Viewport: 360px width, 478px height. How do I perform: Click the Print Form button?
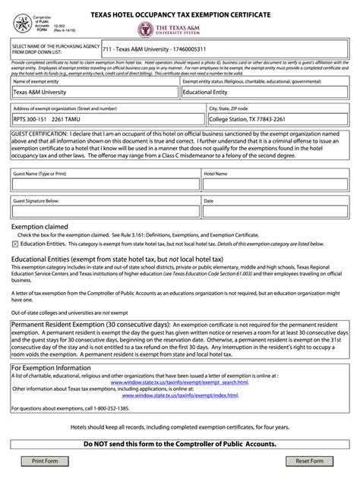45,461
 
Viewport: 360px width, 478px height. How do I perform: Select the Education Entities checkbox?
15,244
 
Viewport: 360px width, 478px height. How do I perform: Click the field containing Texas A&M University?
95,92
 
